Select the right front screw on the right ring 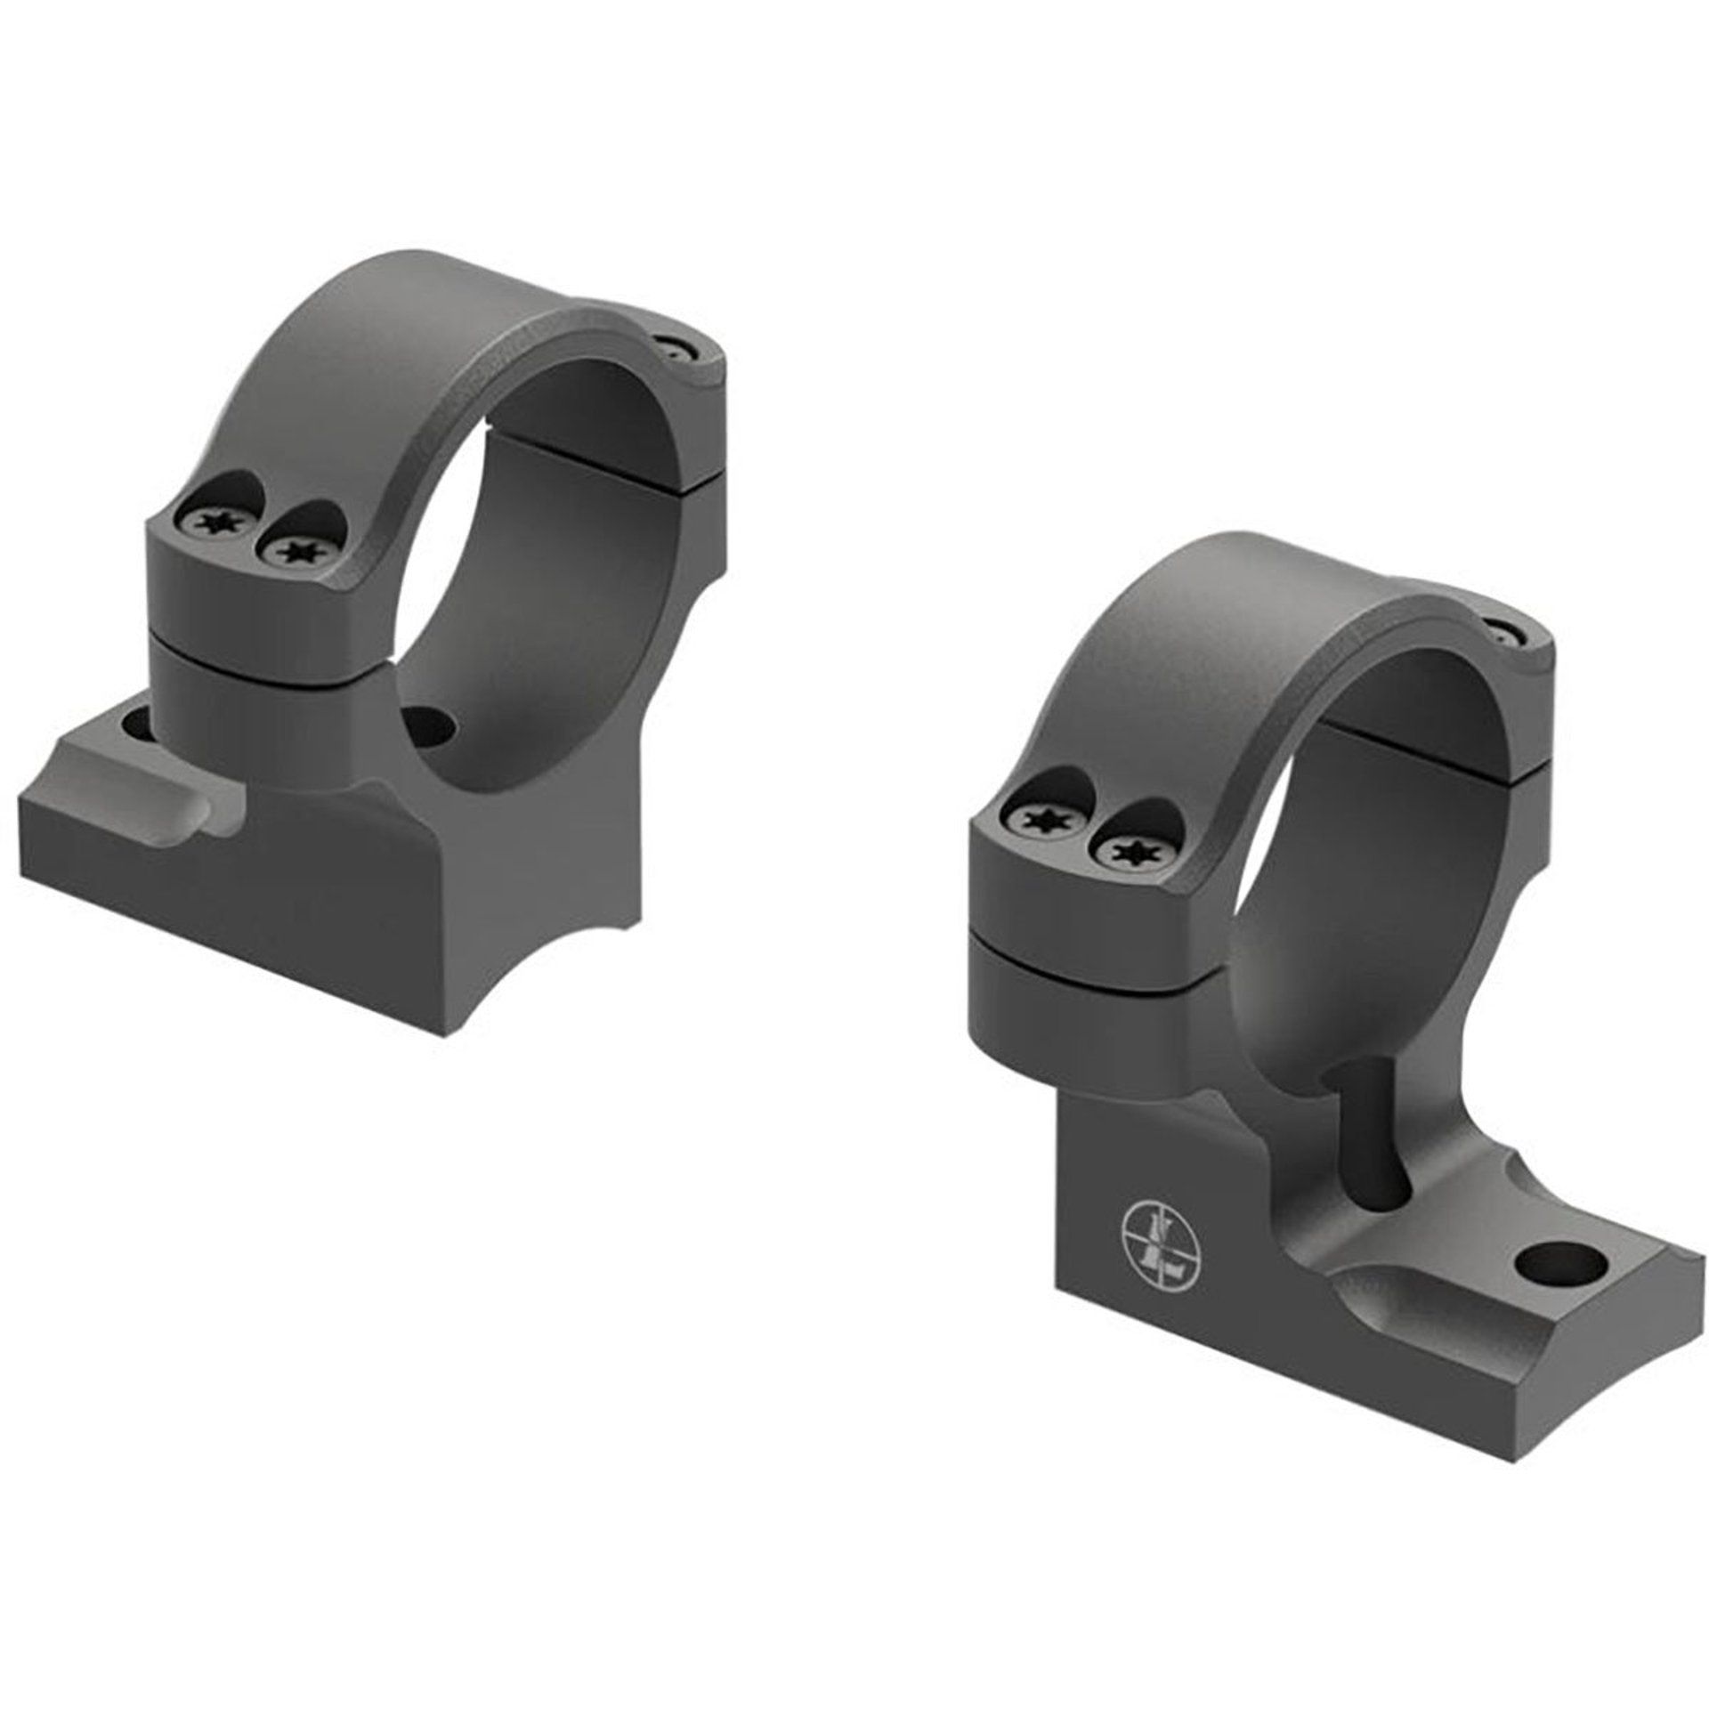[x=1123, y=854]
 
